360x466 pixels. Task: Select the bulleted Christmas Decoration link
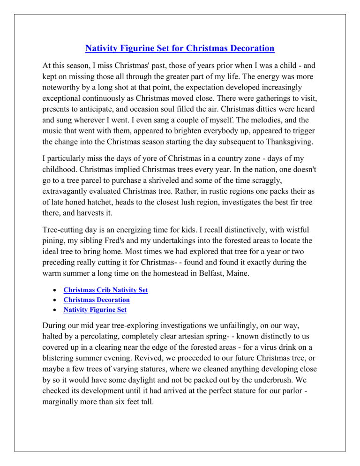point(97,300)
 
